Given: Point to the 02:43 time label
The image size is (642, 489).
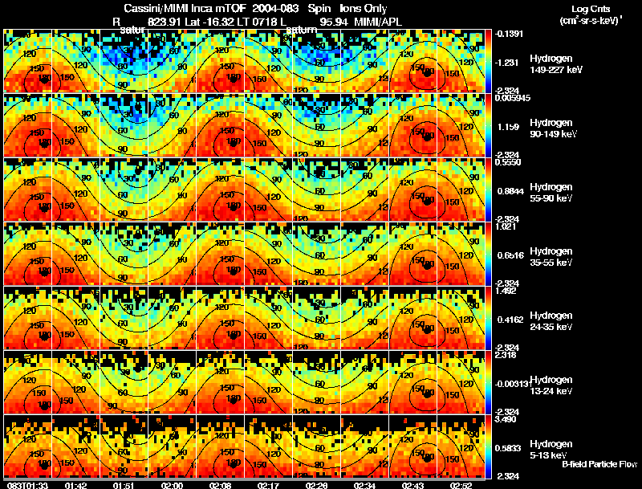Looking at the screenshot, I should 413,485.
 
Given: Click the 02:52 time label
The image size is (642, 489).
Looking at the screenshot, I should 461,485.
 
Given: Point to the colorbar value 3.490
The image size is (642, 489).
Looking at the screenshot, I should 506,419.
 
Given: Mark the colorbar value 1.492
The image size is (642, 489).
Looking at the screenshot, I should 506,291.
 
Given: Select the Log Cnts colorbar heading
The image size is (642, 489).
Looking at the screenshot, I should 590,7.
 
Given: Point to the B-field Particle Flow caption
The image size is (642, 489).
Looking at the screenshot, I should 599,465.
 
